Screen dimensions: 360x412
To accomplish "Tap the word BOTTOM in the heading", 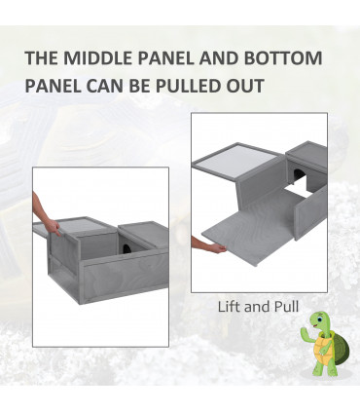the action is (283, 57).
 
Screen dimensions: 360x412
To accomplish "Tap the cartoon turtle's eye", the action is (319, 319).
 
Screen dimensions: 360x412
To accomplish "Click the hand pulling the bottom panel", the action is (217, 248).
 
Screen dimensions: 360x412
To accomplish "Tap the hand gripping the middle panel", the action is (53, 227).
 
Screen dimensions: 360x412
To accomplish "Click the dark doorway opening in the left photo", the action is (126, 249).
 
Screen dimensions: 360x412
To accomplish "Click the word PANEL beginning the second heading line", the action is (53, 86).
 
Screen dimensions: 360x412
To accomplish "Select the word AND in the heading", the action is (219, 57).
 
